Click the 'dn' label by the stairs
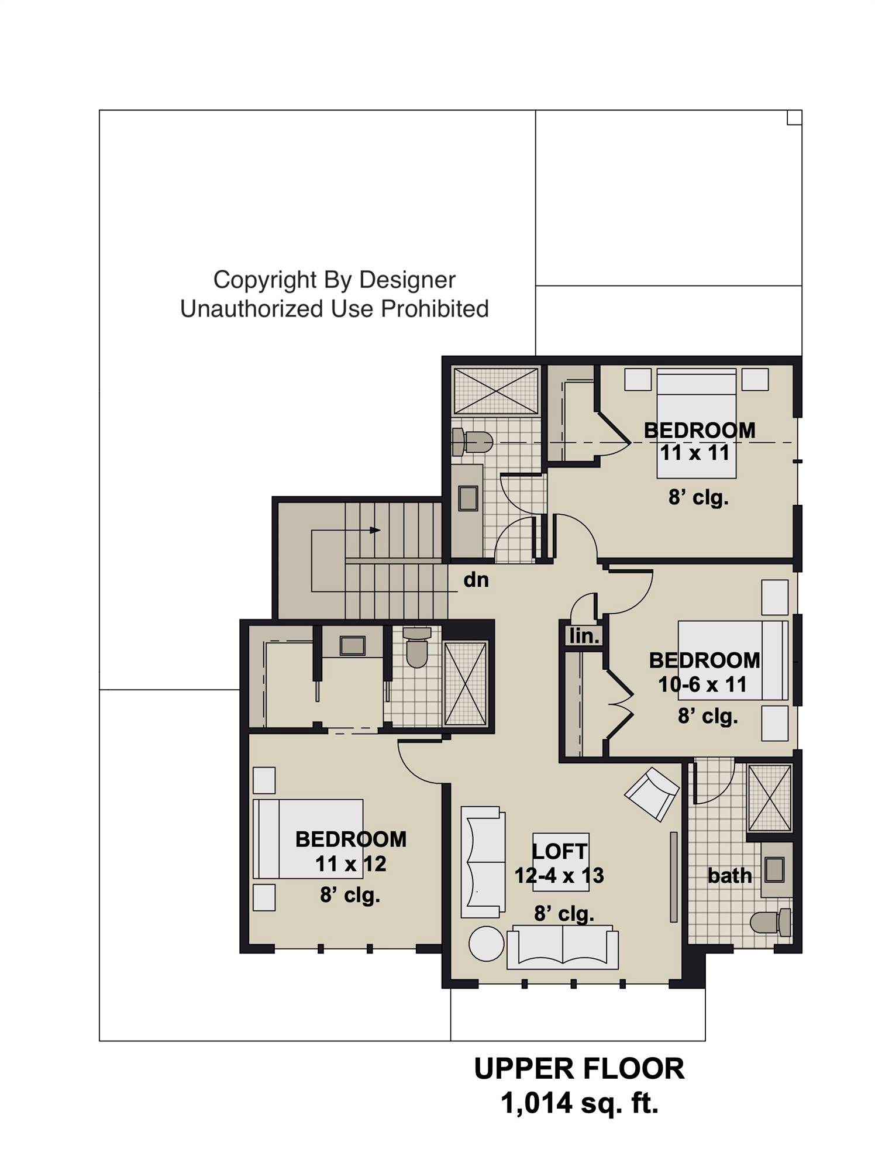(476, 580)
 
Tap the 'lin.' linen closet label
(584, 636)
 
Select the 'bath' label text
(729, 876)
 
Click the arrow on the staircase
(375, 531)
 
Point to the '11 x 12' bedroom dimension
(350, 864)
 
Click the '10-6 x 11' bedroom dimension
(702, 684)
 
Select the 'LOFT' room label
(560, 852)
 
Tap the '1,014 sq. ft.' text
(579, 1103)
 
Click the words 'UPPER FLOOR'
(579, 1069)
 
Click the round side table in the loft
(486, 944)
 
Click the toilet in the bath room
(770, 923)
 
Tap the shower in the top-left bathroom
(496, 391)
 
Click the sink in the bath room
(774, 869)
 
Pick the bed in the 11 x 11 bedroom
(696, 421)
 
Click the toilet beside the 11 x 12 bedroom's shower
(416, 647)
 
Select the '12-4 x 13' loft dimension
(559, 876)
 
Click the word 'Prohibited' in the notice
(434, 309)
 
